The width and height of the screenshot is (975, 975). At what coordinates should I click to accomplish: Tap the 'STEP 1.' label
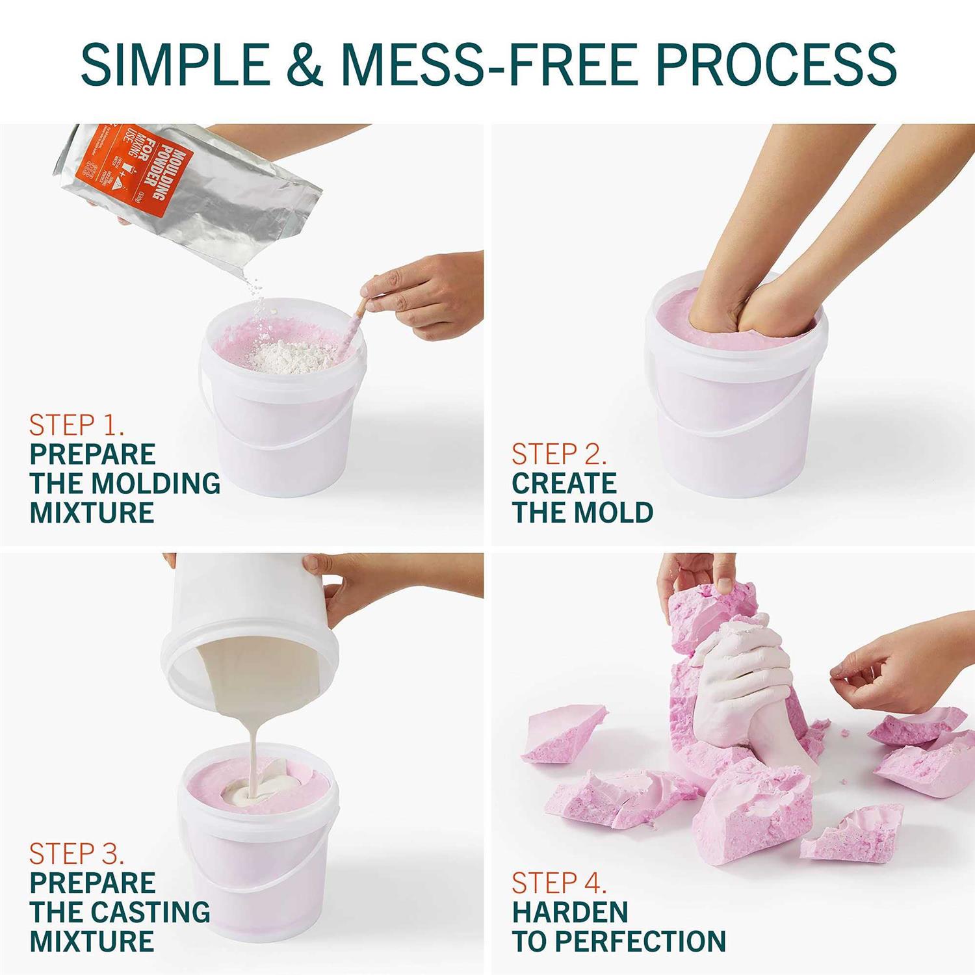[x=77, y=425]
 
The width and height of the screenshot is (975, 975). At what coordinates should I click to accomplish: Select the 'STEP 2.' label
[x=559, y=454]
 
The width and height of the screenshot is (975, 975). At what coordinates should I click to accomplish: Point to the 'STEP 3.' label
[x=77, y=853]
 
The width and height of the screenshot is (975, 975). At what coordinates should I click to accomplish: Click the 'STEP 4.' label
[x=559, y=883]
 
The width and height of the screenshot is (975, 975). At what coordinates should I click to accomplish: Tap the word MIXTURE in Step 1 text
[x=92, y=513]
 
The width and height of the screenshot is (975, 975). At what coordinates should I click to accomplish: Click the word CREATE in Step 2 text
[x=564, y=484]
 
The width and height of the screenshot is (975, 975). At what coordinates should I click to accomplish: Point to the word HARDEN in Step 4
[x=569, y=912]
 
